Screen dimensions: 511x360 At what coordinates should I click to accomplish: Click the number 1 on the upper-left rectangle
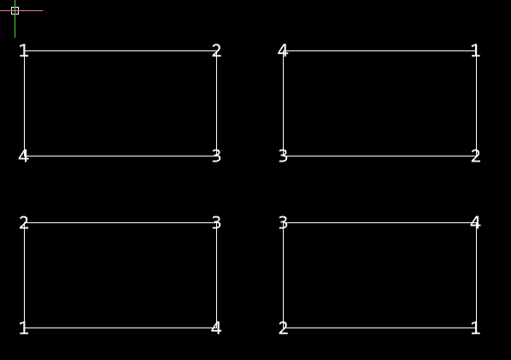point(23,50)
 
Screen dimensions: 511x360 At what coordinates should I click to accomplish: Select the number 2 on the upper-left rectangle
point(216,50)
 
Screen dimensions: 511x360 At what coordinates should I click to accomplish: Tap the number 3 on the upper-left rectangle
point(216,156)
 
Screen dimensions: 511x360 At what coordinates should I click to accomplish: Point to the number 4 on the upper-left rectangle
point(24,156)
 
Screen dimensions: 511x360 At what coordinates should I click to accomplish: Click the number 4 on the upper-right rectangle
point(283,50)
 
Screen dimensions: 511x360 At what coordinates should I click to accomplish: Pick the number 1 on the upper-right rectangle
point(476,50)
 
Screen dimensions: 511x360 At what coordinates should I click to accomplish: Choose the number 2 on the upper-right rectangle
point(476,156)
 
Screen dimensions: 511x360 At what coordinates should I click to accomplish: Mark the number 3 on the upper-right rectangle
point(283,156)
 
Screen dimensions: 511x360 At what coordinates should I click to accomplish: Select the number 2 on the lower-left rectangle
point(24,223)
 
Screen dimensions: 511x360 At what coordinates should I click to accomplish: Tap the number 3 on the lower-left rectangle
point(216,223)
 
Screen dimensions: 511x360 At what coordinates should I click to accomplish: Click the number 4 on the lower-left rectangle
point(216,328)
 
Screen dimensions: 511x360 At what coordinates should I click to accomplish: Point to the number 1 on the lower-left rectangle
point(23,328)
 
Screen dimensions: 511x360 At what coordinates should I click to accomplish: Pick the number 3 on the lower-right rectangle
point(283,223)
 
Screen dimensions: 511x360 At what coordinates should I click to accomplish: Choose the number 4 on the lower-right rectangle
point(475,223)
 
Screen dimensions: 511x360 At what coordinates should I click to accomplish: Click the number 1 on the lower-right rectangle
point(476,328)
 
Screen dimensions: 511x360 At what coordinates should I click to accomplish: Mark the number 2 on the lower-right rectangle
point(283,328)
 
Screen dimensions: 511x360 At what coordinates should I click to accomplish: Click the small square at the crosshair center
point(15,11)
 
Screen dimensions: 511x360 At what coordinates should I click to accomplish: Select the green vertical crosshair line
point(15,19)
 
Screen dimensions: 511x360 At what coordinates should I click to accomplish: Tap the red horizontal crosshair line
point(21,11)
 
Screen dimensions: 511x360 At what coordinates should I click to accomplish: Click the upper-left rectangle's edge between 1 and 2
point(120,50)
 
